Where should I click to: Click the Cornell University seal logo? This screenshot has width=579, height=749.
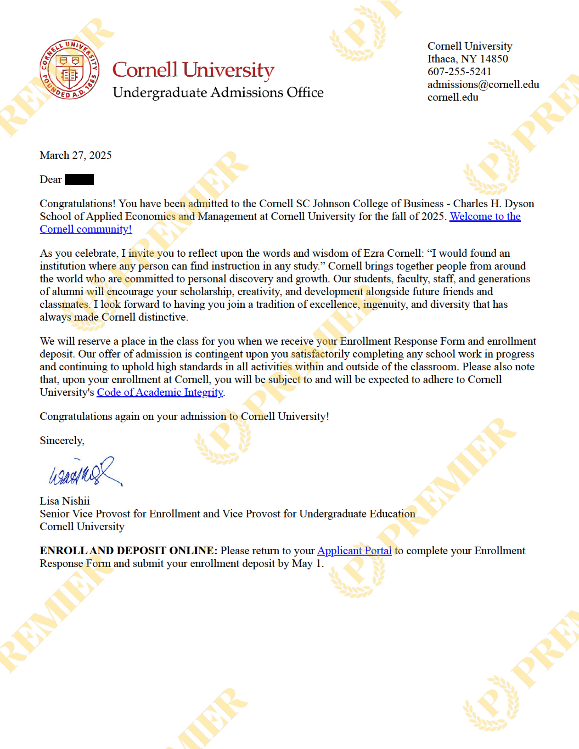click(69, 69)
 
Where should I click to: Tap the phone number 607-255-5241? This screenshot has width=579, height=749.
click(459, 72)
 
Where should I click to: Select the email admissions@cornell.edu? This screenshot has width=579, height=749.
click(483, 84)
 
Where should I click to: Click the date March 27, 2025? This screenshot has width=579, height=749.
click(76, 155)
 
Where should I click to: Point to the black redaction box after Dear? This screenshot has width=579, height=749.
click(79, 179)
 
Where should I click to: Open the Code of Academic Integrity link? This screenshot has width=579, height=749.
click(160, 392)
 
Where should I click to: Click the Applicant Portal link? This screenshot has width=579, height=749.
click(354, 551)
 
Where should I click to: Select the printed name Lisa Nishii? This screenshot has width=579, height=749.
click(64, 501)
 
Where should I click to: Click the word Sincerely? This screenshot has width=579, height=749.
click(62, 440)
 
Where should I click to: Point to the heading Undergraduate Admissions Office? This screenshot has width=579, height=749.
click(218, 93)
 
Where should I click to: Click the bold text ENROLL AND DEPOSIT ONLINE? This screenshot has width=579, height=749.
click(129, 551)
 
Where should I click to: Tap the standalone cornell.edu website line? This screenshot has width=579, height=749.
click(453, 97)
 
